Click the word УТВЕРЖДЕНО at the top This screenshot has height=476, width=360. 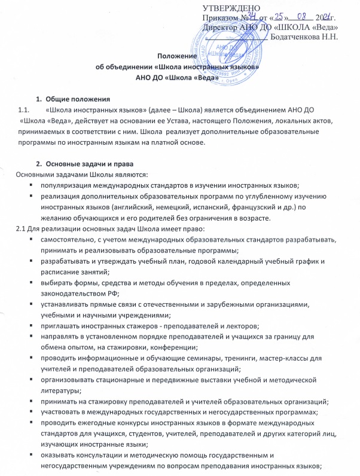tap(230, 7)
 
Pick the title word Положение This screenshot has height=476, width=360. tap(181, 57)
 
